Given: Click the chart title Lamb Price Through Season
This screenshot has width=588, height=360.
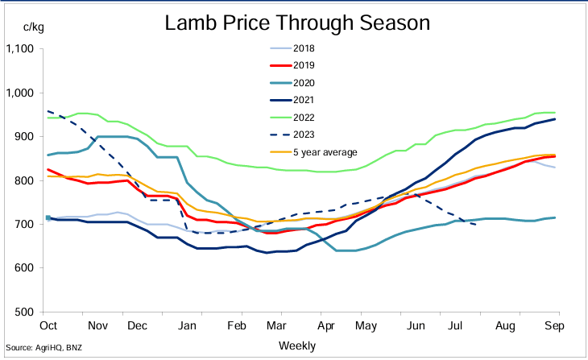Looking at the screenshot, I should pyautogui.click(x=296, y=23).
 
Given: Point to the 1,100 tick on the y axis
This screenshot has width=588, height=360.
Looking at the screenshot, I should pyautogui.click(x=19, y=50).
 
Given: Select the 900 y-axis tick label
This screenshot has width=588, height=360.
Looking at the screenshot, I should pyautogui.click(x=24, y=137).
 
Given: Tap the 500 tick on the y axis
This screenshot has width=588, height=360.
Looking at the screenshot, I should pyautogui.click(x=24, y=312).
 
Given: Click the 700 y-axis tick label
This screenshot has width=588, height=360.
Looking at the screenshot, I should pyautogui.click(x=24, y=225).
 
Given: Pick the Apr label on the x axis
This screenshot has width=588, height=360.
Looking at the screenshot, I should pyautogui.click(x=325, y=326).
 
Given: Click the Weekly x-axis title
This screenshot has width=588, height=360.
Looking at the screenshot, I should pyautogui.click(x=296, y=345).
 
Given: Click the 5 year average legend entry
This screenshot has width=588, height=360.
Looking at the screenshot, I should pyautogui.click(x=322, y=151).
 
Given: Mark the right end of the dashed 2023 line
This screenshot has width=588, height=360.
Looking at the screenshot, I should pyautogui.click(x=476, y=224).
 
